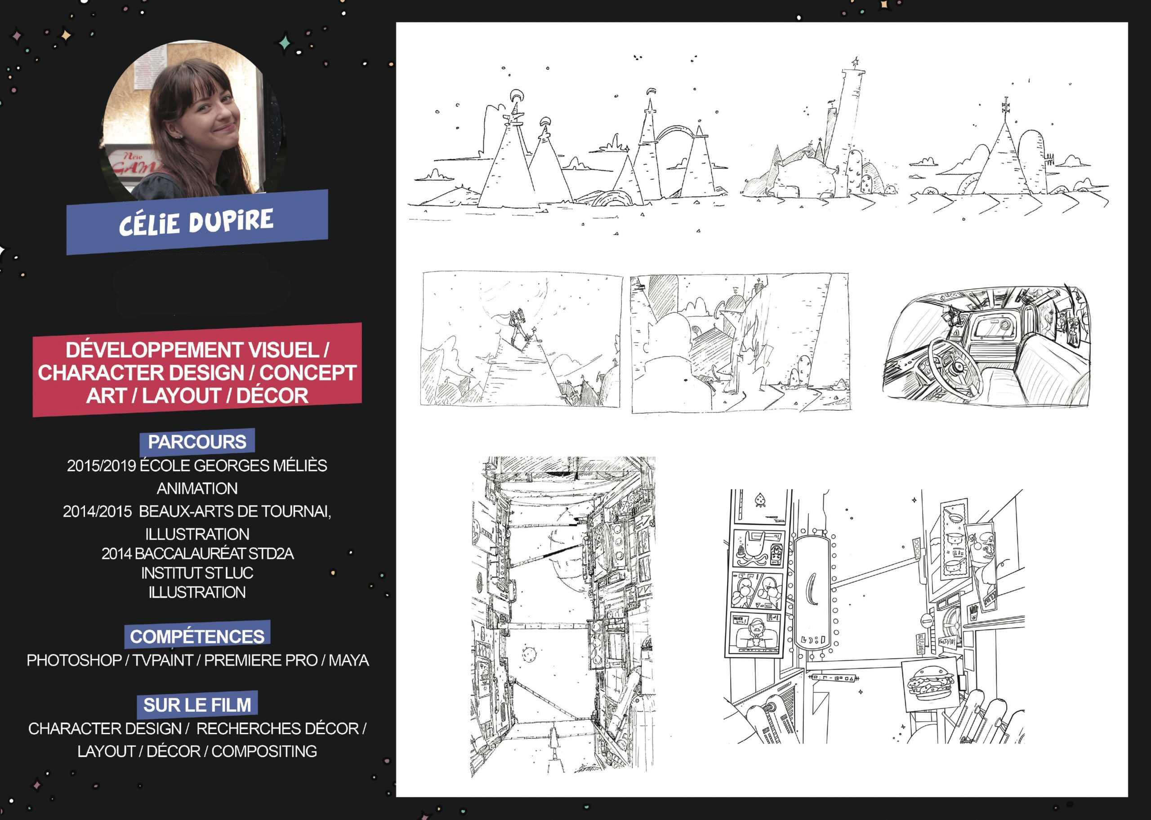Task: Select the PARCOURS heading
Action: pyautogui.click(x=197, y=442)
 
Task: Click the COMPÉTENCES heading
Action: pyautogui.click(x=197, y=636)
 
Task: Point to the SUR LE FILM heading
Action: pyautogui.click(x=197, y=705)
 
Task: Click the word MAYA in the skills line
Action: pyautogui.click(x=349, y=660)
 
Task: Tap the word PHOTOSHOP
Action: pyautogui.click(x=74, y=660)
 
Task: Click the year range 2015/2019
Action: pyautogui.click(x=101, y=465)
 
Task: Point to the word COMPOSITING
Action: pyautogui.click(x=264, y=751)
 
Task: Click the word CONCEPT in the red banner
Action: pyautogui.click(x=308, y=372)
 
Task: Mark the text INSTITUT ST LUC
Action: pyautogui.click(x=197, y=573)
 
